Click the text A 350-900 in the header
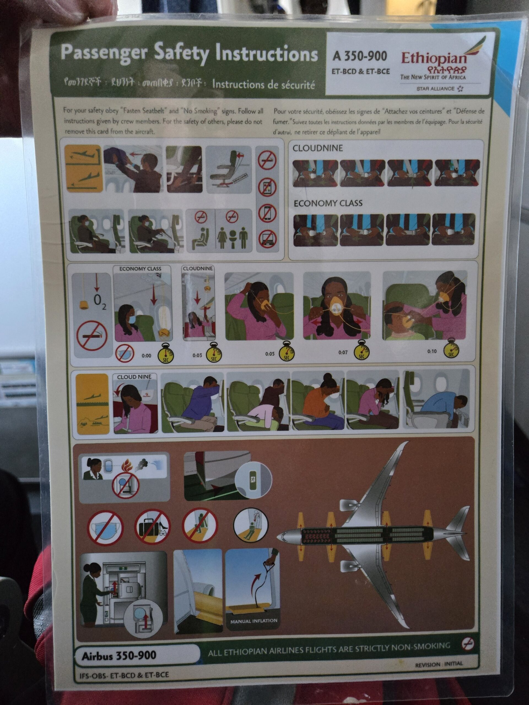(x=359, y=56)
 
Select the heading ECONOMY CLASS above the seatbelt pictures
(x=328, y=203)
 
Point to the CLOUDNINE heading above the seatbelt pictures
(x=318, y=148)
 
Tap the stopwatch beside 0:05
(x=286, y=352)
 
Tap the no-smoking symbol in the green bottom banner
(x=468, y=644)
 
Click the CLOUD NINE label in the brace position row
(x=134, y=377)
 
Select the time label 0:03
(x=197, y=355)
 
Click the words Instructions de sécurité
(x=263, y=85)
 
